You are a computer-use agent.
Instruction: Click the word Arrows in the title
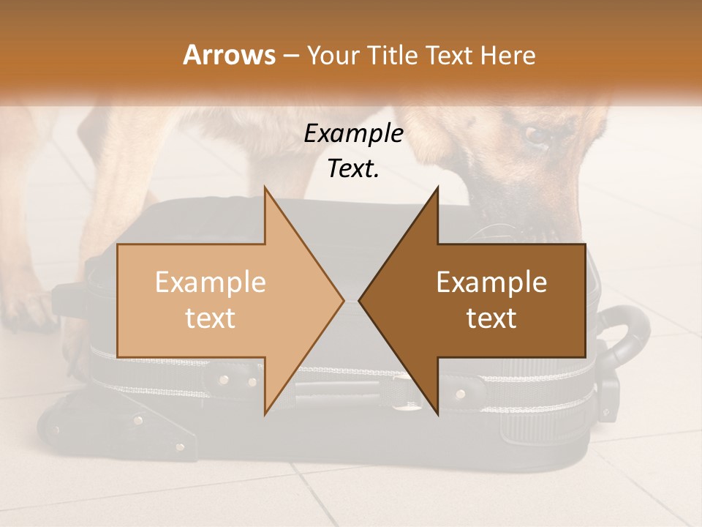click(229, 55)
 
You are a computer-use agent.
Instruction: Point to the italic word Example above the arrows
click(353, 134)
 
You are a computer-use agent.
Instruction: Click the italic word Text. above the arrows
click(353, 169)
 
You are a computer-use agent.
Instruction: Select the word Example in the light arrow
click(211, 282)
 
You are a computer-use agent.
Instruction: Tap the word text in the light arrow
click(211, 318)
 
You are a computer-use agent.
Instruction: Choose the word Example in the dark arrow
click(491, 282)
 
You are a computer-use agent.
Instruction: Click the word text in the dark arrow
click(491, 318)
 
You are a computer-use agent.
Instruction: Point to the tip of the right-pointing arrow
click(343, 300)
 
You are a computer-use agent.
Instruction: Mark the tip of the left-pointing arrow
click(360, 300)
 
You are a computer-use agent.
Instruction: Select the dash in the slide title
click(292, 56)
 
